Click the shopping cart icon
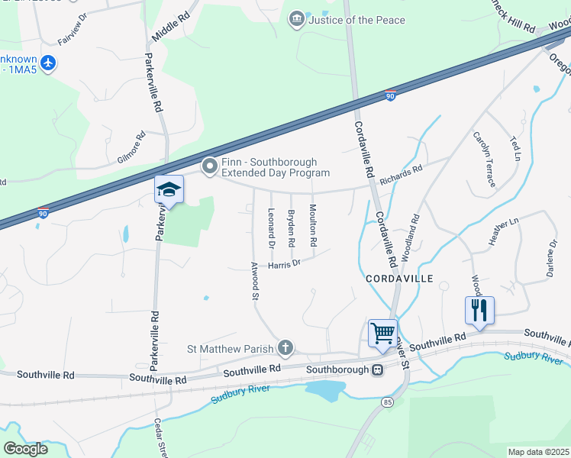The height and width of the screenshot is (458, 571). click(x=382, y=333)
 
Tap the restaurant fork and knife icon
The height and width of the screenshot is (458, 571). click(x=479, y=310)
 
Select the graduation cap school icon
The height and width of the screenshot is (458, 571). click(x=169, y=190)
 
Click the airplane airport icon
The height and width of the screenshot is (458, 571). click(x=49, y=63)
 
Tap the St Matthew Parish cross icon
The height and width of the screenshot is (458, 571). click(x=285, y=349)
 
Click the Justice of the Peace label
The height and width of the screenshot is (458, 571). click(x=356, y=20)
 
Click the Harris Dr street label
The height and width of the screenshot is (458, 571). click(x=285, y=264)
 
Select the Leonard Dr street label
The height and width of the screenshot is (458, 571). click(x=270, y=229)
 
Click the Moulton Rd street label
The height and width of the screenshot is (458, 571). click(x=312, y=225)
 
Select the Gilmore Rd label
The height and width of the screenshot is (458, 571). click(x=131, y=148)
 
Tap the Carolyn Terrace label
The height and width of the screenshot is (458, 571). click(x=484, y=159)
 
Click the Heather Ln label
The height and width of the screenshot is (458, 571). click(x=503, y=232)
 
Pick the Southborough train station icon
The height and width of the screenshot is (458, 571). click(x=377, y=370)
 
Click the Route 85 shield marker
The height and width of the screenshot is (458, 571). click(x=388, y=402)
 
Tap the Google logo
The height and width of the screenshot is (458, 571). click(x=25, y=449)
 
